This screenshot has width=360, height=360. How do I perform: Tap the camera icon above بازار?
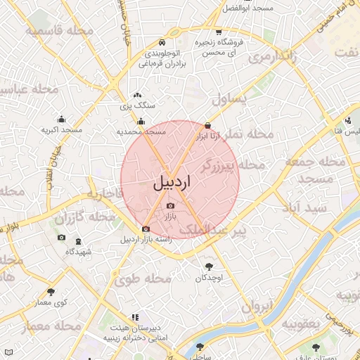point(170,206)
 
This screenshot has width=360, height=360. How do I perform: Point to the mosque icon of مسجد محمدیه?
point(141,121)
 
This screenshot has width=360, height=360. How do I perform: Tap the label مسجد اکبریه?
point(61,130)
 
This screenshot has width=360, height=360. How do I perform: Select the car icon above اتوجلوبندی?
point(163,41)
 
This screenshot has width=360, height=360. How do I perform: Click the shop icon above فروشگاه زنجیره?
point(219,32)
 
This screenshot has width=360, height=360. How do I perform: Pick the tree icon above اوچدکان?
point(208,267)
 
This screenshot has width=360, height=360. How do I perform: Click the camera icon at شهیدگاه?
point(61,238)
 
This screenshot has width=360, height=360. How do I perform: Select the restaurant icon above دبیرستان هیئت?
point(134,318)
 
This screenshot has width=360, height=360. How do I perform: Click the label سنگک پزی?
point(137,105)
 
